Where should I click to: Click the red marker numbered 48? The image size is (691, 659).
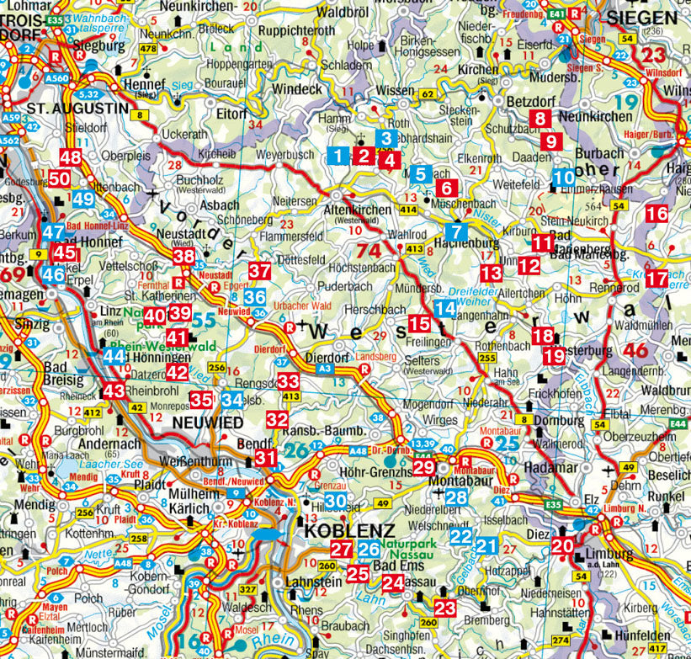coord(71,157)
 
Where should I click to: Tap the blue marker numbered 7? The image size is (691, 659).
coord(456,231)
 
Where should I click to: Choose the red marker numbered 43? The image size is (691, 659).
coord(114,391)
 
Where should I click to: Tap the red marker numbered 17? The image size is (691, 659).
coord(656,278)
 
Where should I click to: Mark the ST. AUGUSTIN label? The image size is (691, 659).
coord(69,109)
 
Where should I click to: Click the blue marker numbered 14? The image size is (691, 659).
coord(445,308)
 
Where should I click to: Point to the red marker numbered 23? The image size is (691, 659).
coord(445,608)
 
